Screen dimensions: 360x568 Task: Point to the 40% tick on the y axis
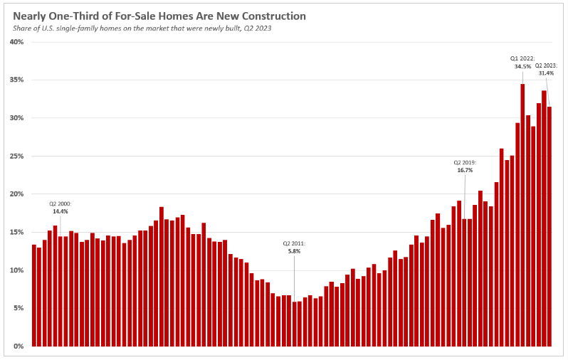(x=17, y=42)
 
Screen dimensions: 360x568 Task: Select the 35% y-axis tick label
(x=17, y=80)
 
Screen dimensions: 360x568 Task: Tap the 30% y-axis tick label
(x=17, y=118)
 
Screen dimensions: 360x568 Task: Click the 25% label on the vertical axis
(x=17, y=156)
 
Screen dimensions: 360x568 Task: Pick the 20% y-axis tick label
(x=17, y=194)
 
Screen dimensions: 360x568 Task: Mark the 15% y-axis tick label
(x=17, y=232)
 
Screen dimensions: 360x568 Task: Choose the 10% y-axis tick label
(x=17, y=270)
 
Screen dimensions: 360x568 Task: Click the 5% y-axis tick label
(x=19, y=308)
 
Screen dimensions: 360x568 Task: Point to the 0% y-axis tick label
(x=19, y=346)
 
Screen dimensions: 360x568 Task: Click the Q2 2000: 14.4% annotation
(x=61, y=207)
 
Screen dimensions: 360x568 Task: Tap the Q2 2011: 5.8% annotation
(x=294, y=247)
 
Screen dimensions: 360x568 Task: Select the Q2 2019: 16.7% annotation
(x=465, y=166)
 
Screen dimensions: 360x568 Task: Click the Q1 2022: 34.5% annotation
(x=522, y=62)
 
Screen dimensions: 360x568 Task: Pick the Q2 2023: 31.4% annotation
(x=546, y=69)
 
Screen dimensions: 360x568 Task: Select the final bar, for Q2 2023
(x=549, y=227)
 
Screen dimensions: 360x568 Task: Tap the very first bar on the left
(x=34, y=295)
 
